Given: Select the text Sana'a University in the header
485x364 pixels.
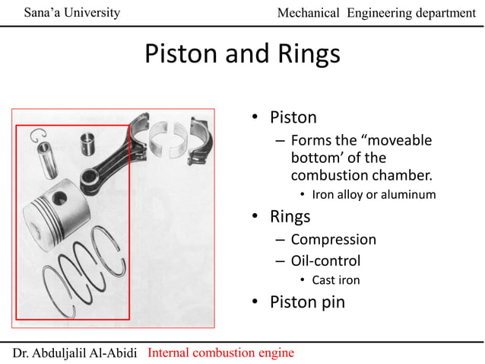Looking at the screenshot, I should click(71, 12).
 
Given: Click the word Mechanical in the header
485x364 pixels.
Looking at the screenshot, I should click(309, 13).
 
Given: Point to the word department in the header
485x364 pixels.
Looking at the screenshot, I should click(437, 13).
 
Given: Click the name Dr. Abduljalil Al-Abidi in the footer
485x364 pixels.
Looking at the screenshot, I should click(75, 353).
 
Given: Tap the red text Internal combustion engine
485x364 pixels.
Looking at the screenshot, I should click(220, 353).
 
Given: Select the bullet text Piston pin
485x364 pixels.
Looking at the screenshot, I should click(307, 302).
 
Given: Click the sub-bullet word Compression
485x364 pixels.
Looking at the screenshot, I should click(333, 239).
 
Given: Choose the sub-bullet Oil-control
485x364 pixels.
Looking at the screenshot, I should click(325, 260).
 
